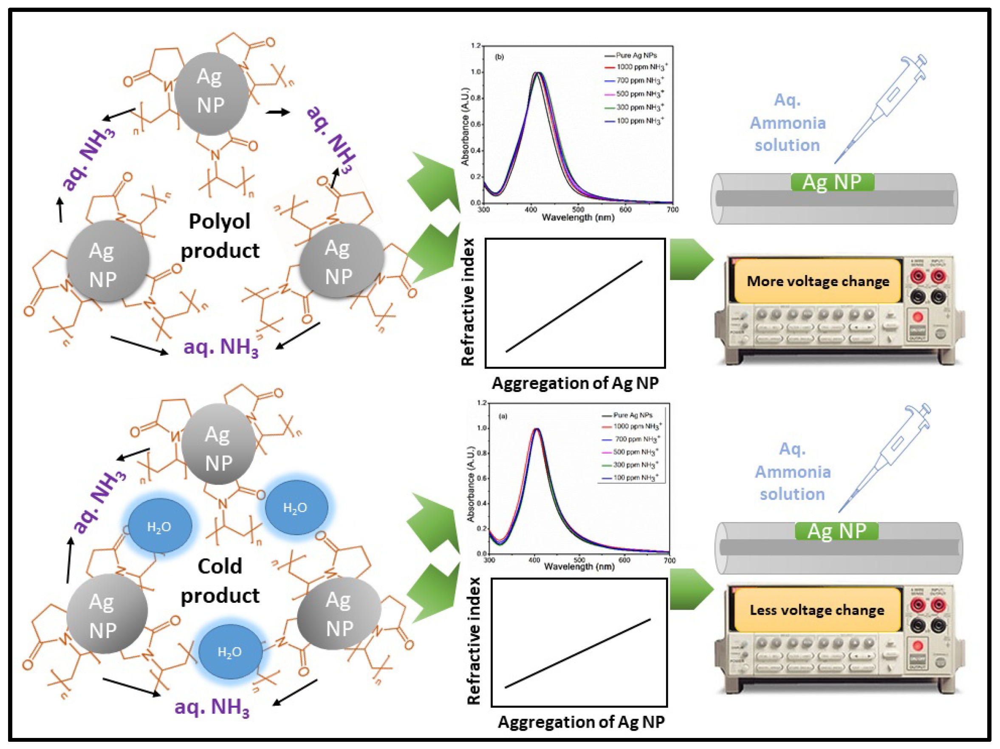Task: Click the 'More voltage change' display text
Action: pyautogui.click(x=817, y=281)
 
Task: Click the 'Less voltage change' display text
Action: pyautogui.click(x=816, y=610)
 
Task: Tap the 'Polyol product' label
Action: pyautogui.click(x=220, y=235)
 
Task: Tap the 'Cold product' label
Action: pyautogui.click(x=220, y=581)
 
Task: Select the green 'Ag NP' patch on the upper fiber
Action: pyautogui.click(x=832, y=182)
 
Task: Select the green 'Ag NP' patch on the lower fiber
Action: pyautogui.click(x=836, y=531)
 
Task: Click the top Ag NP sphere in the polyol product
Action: pyautogui.click(x=211, y=93)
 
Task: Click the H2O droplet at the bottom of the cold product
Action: pyautogui.click(x=230, y=652)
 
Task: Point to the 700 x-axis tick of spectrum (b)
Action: pyautogui.click(x=672, y=210)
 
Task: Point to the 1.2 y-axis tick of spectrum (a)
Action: pyautogui.click(x=482, y=403)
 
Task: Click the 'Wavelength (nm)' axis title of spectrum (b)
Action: pyautogui.click(x=578, y=218)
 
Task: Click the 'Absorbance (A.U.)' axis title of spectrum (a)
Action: pyautogui.click(x=471, y=484)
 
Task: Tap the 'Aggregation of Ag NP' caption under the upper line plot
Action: pyautogui.click(x=575, y=383)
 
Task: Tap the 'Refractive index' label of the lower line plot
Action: pyautogui.click(x=473, y=641)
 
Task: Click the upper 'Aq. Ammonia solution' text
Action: pyautogui.click(x=788, y=122)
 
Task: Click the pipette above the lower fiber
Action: pyautogui.click(x=886, y=457)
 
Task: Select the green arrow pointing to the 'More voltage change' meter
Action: pyautogui.click(x=690, y=259)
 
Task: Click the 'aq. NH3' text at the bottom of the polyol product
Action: pyautogui.click(x=220, y=347)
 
